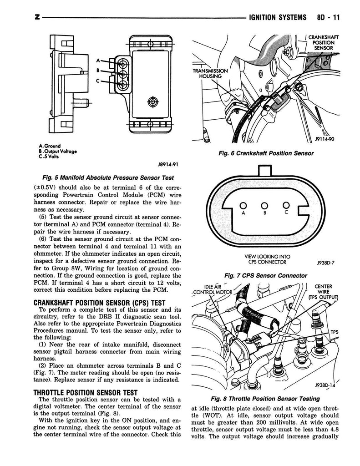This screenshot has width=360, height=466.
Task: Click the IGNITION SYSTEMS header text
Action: [276, 18]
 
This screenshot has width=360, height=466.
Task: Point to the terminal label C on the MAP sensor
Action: [97, 81]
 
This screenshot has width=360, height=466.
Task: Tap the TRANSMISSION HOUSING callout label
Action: [210, 74]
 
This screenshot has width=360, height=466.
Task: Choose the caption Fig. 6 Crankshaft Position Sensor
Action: [266, 153]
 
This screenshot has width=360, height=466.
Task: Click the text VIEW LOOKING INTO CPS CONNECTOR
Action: [267, 259]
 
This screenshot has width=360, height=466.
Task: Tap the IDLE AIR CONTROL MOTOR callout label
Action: [212, 288]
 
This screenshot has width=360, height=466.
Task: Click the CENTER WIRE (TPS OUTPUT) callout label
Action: [323, 292]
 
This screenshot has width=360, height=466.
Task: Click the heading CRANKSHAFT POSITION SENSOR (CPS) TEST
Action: [100, 303]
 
